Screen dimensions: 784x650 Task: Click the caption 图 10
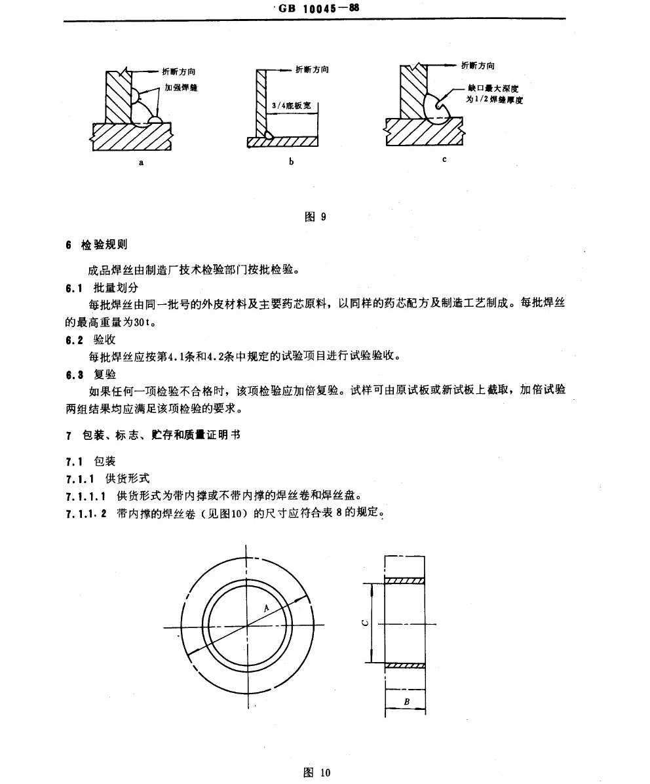tap(317, 772)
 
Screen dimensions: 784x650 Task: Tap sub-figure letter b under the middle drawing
tap(291, 161)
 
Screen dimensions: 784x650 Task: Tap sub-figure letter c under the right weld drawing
tap(444, 159)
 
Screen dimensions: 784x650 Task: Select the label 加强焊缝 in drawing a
tap(181, 87)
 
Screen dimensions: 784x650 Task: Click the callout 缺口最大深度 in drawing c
tap(493, 87)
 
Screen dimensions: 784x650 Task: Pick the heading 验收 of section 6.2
tap(105, 340)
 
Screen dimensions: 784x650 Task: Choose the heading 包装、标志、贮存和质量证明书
tap(161, 435)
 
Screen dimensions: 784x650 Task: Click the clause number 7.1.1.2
tap(88, 512)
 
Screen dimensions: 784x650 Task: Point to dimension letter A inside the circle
tap(267, 608)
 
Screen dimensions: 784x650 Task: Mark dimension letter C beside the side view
tap(365, 623)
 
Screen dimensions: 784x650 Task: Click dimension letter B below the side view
tap(406, 702)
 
